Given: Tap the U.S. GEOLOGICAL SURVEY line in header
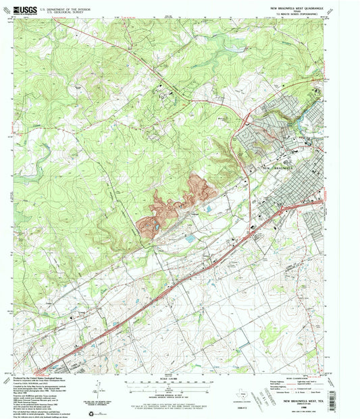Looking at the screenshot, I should (x=65, y=13).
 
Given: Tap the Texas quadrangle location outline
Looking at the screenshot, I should (x=255, y=397).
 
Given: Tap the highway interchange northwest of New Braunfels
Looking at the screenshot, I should (x=246, y=123).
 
